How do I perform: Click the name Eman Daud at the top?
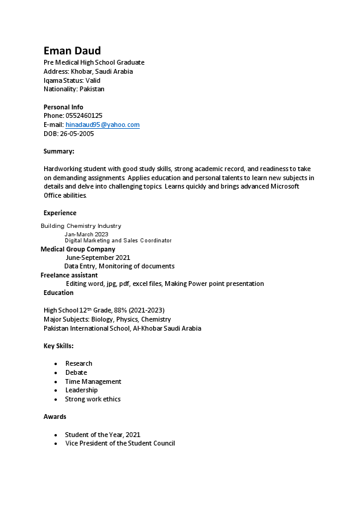tap(72, 50)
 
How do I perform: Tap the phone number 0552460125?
tap(83, 115)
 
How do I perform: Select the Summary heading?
tap(59, 151)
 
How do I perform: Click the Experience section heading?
tap(60, 213)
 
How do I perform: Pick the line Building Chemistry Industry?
tap(80, 226)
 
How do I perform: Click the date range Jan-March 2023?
tap(87, 234)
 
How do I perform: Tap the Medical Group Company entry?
tap(77, 249)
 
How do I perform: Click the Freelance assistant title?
tap(69, 274)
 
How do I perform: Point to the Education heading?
tap(59, 293)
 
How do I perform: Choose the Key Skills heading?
tap(59, 346)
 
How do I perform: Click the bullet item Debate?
tap(76, 372)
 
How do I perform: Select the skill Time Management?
tap(93, 381)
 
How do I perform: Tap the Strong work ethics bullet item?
tap(93, 399)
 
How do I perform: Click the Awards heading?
tap(55, 417)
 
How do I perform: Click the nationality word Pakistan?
tap(92, 89)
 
